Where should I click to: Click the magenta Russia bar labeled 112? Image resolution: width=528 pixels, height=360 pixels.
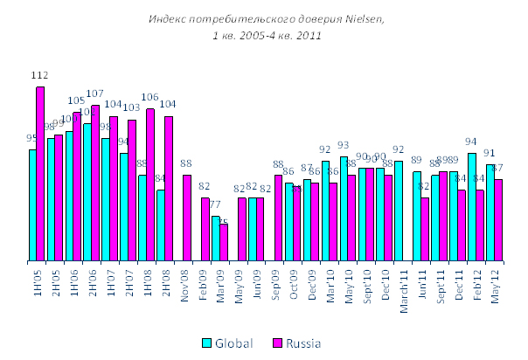40,174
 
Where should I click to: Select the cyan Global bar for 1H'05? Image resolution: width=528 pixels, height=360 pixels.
32,205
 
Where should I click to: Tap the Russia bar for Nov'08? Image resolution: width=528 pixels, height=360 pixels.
187,218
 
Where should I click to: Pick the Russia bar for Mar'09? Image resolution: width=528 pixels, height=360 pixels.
224,242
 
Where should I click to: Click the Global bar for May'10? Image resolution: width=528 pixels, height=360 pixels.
344,209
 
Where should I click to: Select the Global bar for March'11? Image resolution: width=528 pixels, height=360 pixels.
399,211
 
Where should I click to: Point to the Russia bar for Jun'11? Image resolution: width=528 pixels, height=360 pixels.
425,229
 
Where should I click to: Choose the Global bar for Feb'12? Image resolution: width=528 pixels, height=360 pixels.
472,207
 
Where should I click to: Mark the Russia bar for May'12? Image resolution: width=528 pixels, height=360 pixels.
498,220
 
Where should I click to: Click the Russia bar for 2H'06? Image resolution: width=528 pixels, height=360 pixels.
95,183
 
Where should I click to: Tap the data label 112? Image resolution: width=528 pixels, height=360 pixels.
39,77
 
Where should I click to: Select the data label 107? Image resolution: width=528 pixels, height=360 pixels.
95,93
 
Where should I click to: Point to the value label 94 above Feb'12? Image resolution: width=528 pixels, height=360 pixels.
471,142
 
